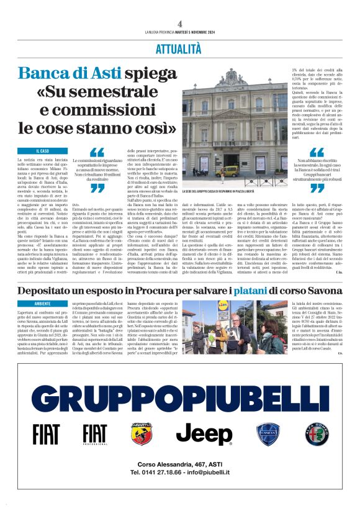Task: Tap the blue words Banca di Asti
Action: coord(70,73)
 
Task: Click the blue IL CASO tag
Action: coord(43,151)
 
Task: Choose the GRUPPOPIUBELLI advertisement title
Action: coord(179,396)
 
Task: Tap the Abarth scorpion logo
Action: coord(140,434)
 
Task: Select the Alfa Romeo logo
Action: coord(315,434)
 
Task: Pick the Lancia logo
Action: coord(269,434)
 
